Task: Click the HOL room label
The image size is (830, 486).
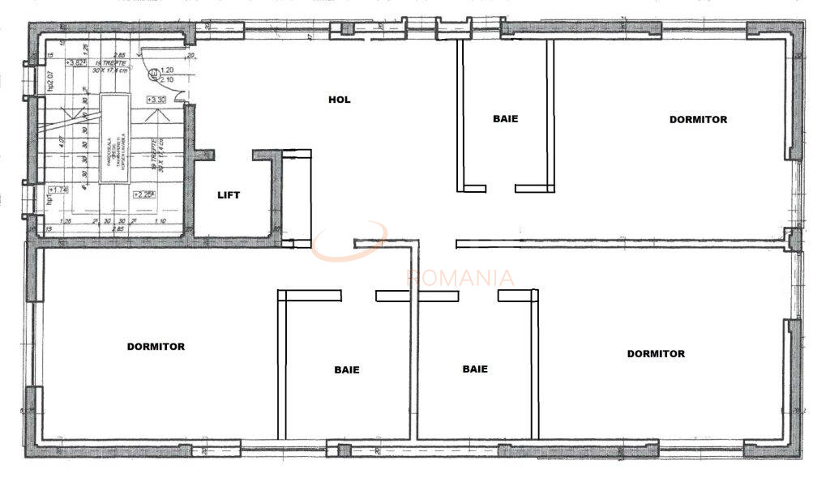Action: (x=339, y=100)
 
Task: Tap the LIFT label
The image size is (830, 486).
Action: (x=229, y=195)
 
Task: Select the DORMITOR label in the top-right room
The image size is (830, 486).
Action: (x=698, y=119)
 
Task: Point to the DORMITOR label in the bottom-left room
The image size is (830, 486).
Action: (x=156, y=347)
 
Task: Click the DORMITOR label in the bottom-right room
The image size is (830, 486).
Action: (x=656, y=354)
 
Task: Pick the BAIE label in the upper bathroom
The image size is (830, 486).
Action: (x=505, y=118)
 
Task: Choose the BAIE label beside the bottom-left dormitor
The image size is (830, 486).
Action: (x=347, y=369)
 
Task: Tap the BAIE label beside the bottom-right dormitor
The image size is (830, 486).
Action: (x=475, y=369)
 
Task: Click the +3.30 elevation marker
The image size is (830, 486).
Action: (x=156, y=99)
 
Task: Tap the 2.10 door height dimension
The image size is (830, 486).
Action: (x=167, y=79)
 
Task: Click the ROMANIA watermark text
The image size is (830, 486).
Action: (x=460, y=278)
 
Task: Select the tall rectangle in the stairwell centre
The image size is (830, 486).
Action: (x=113, y=139)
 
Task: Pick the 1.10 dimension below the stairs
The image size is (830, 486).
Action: (x=160, y=221)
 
